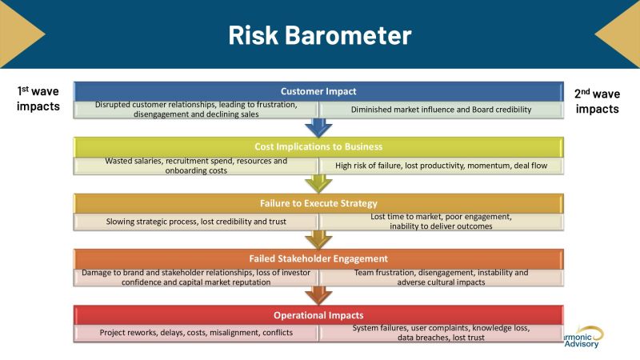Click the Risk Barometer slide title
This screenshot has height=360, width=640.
[x=319, y=34]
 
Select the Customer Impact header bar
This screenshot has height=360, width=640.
[x=318, y=91]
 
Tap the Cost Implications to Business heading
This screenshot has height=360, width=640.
[x=318, y=146]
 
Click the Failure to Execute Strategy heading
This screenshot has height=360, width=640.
[x=318, y=202]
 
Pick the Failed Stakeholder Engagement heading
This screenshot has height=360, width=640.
[x=318, y=258]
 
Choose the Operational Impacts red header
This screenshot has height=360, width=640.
[x=318, y=314]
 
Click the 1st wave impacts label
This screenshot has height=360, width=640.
[x=38, y=100]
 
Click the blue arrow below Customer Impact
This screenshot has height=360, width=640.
[x=318, y=127]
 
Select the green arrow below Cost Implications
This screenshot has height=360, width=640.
[x=318, y=183]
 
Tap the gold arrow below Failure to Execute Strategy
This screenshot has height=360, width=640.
[x=318, y=239]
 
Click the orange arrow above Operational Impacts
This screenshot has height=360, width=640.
[x=318, y=295]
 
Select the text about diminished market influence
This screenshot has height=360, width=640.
[x=441, y=110]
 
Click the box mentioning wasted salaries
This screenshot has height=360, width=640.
[x=196, y=166]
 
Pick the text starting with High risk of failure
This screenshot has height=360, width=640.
[x=441, y=166]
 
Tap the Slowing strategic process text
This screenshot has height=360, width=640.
[x=196, y=222]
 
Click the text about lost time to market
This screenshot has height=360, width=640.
[x=441, y=222]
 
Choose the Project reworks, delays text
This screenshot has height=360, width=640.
[x=196, y=333]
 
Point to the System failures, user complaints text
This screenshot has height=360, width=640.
[x=441, y=333]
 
